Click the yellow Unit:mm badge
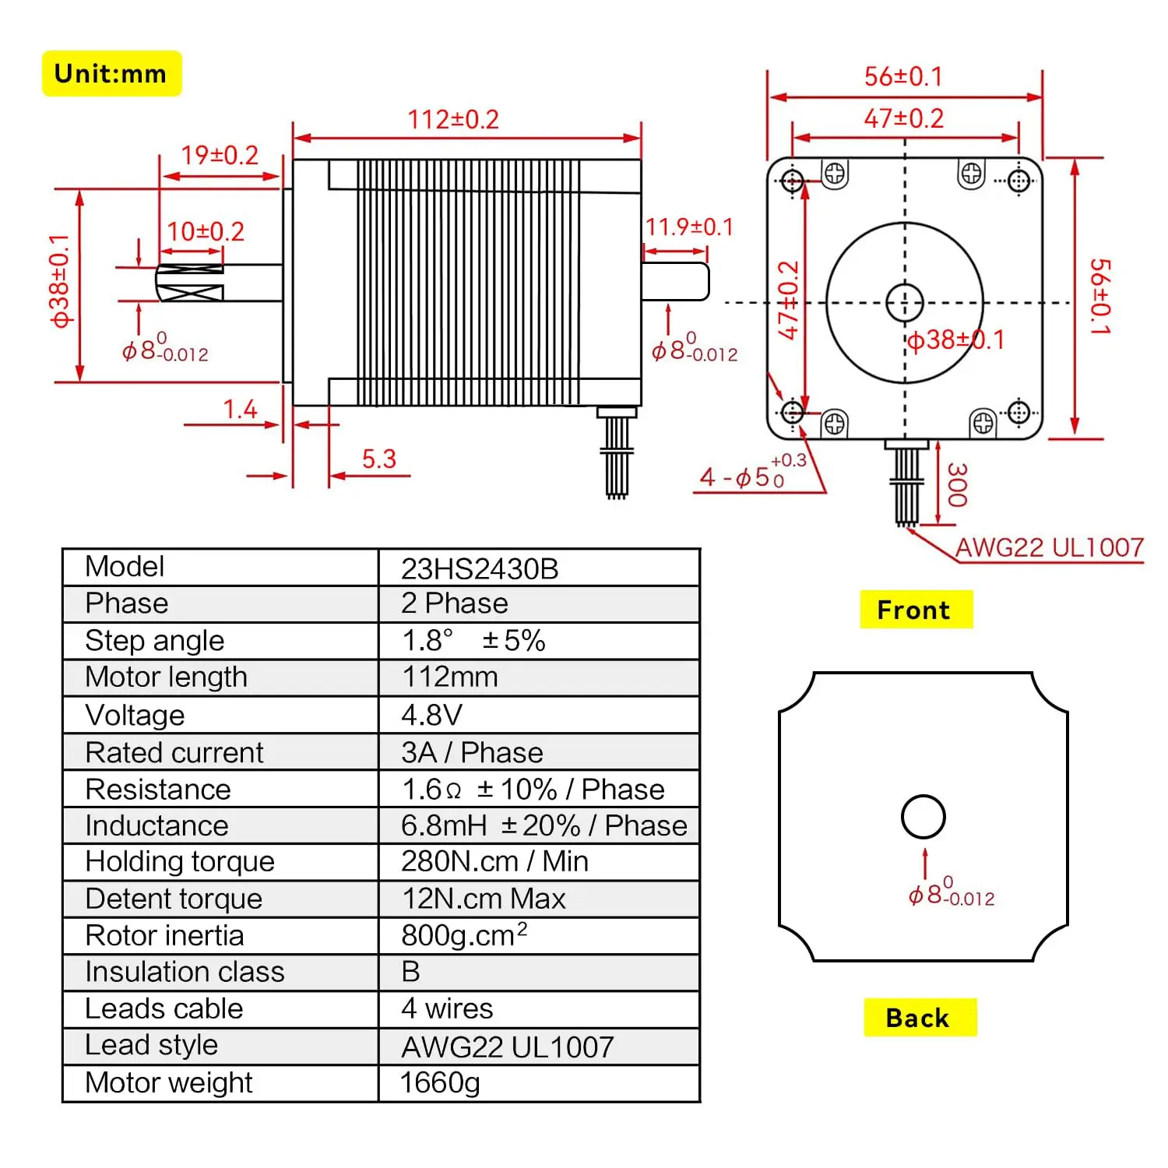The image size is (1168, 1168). [111, 74]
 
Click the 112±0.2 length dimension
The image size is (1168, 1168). [453, 119]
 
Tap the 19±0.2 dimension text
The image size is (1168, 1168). [220, 155]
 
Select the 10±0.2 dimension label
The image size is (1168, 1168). [206, 231]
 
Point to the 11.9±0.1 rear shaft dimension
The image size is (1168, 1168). [689, 227]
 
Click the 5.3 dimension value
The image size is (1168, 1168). [379, 459]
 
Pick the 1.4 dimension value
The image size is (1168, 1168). [240, 410]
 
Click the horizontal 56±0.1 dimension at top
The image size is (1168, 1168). [903, 76]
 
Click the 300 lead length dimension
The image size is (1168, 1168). [957, 484]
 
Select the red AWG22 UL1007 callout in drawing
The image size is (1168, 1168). [1049, 547]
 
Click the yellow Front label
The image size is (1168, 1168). [915, 610]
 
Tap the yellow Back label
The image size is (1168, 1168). [919, 1018]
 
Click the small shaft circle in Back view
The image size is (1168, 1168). [923, 817]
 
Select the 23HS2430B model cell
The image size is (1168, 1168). [480, 568]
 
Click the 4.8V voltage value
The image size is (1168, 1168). [432, 715]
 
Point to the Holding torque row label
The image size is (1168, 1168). [180, 861]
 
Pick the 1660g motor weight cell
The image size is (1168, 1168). [440, 1082]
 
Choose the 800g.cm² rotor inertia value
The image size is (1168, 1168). [464, 934]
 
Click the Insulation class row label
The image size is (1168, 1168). [185, 972]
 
